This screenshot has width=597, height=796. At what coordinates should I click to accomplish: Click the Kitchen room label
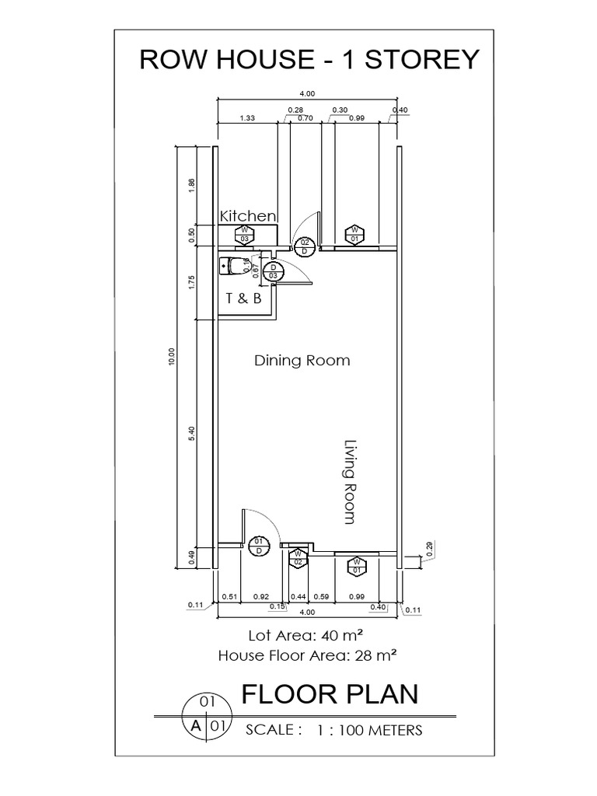pos(248,216)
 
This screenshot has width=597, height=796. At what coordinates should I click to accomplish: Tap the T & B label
pos(243,298)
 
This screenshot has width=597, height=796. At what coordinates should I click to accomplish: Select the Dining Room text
pos(302,361)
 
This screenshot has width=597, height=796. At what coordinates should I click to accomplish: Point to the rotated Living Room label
pos(350,482)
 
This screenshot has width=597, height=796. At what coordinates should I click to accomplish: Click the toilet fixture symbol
pos(233,266)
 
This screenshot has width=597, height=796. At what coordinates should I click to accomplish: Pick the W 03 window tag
pos(245,235)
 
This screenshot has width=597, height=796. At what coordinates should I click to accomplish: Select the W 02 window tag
pos(298,558)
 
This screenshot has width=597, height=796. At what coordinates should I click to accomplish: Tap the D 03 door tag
pos(273,271)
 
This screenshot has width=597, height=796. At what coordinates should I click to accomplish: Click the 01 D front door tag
pos(259,546)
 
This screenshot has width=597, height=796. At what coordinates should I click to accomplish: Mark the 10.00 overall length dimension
pos(172,356)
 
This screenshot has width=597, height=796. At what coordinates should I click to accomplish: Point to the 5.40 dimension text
pos(191,433)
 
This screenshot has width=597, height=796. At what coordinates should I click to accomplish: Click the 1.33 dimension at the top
pos(247,118)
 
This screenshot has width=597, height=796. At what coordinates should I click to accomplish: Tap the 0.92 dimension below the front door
pos(261,596)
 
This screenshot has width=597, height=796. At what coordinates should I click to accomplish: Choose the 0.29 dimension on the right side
pos(429,549)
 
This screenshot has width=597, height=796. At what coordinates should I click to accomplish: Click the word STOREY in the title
pos(422,59)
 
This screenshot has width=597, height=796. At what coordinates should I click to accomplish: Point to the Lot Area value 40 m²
pos(342,636)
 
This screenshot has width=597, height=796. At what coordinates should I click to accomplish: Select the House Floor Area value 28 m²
pos(375,655)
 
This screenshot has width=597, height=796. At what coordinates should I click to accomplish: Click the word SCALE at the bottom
pos(270,730)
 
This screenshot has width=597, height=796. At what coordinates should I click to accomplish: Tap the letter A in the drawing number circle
pos(195,726)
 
